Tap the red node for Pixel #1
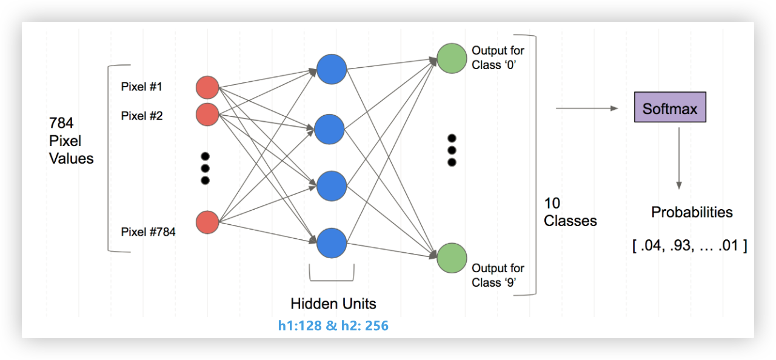coord(207,87)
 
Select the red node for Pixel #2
coord(207,115)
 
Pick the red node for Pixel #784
coord(207,222)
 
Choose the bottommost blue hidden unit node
coord(331,242)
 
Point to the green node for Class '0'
coord(452,58)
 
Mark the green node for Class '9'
coord(452,258)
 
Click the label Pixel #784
coord(148,232)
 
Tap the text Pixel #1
coord(141,87)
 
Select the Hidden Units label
coord(333,304)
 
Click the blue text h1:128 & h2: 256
coord(333,326)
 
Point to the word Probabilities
coord(692,212)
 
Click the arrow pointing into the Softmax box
coord(586,108)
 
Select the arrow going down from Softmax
coord(679,158)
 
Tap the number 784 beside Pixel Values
coord(61,123)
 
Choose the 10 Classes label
coord(570,212)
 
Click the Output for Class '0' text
coord(498,58)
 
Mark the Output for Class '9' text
coord(498,275)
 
